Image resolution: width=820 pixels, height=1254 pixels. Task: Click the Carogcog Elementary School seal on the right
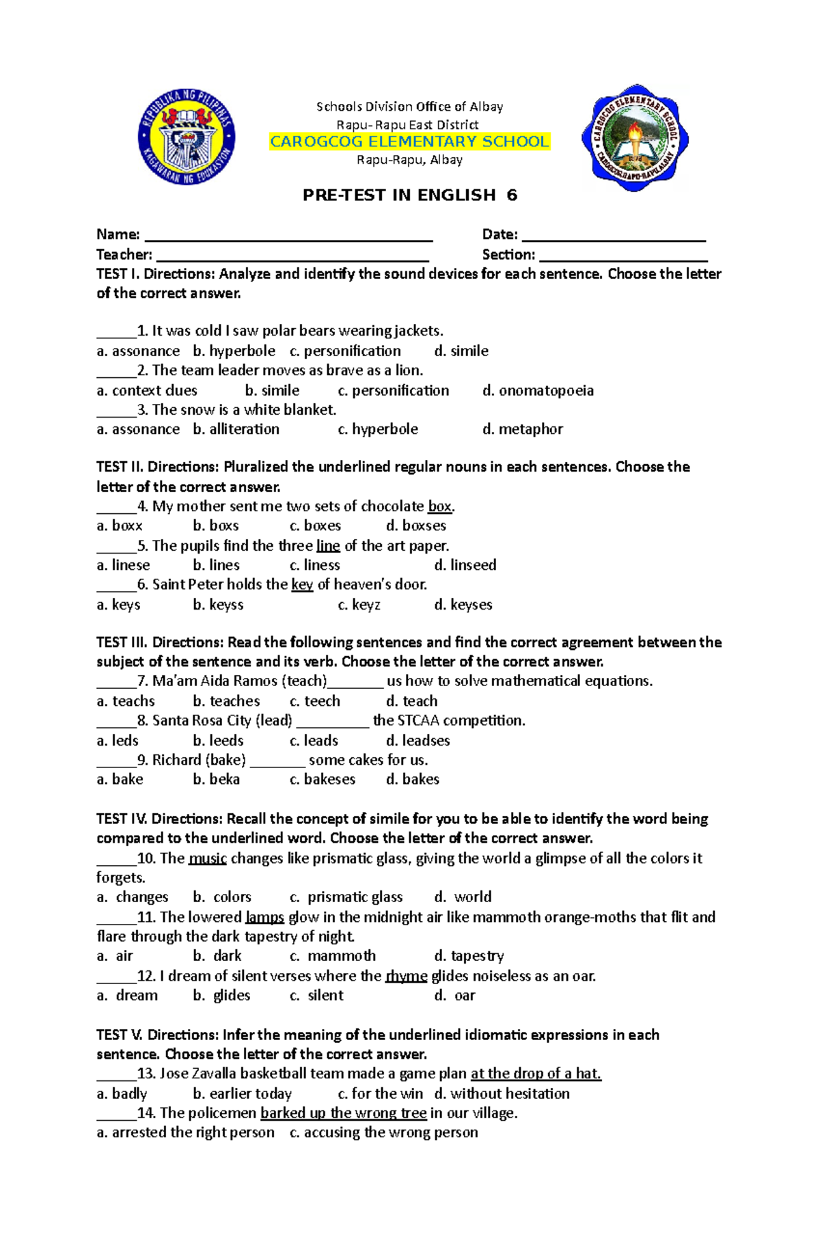point(635,138)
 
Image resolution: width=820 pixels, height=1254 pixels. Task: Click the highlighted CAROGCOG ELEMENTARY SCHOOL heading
point(409,141)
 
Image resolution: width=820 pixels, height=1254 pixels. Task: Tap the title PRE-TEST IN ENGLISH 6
point(409,195)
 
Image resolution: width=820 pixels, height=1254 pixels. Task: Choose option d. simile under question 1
point(461,351)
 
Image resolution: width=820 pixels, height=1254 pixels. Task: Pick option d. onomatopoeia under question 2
point(538,391)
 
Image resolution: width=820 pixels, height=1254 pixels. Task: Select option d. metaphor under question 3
point(522,430)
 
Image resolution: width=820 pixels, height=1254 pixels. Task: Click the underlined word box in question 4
point(439,507)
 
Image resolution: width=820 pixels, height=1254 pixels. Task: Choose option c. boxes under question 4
point(315,526)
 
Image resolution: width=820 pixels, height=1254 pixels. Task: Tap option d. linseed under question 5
point(465,566)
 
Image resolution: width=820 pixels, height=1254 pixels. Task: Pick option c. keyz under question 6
point(359,605)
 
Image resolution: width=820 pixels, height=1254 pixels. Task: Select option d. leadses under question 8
point(418,741)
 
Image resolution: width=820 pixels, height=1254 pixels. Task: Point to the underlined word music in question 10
point(207,859)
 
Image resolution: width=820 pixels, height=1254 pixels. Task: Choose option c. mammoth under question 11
point(333,957)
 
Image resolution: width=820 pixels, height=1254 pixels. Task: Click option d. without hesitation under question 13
point(502,1094)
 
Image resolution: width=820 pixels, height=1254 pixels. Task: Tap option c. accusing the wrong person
point(383,1133)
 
